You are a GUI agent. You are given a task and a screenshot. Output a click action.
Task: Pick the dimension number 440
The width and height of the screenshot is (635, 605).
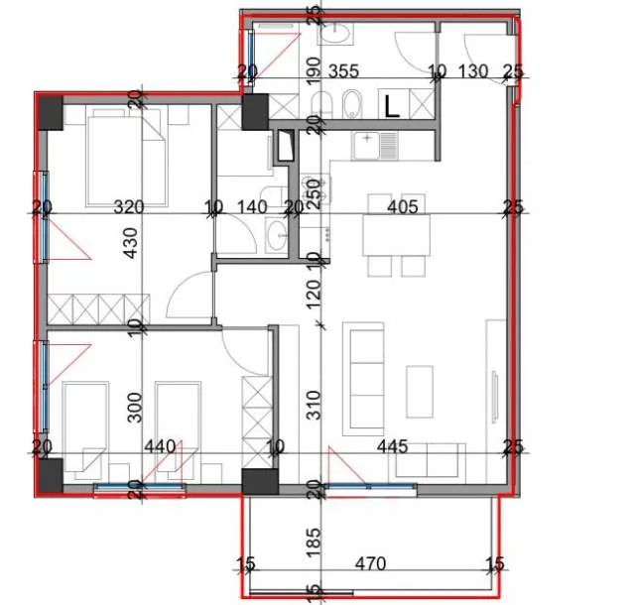click(x=159, y=447)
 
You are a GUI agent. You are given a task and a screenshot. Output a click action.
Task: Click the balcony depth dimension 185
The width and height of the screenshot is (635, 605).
click(x=315, y=542)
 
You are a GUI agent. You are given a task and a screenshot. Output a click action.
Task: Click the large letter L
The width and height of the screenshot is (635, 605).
click(x=392, y=105)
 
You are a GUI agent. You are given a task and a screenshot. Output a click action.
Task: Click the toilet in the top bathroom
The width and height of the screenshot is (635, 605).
click(x=352, y=104)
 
